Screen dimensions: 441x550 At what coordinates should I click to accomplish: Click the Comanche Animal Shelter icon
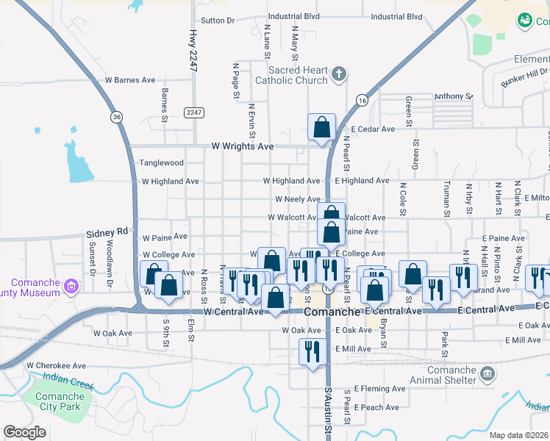[x=487, y=375]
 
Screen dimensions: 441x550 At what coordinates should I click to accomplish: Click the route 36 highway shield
[x=117, y=116]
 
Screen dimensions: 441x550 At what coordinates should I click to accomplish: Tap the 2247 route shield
[x=194, y=112]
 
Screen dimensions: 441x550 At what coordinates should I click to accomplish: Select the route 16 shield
[x=361, y=100]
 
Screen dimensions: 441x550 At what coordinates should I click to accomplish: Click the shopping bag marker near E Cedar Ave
[x=322, y=128]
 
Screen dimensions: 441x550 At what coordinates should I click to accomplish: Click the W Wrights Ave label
[x=243, y=146]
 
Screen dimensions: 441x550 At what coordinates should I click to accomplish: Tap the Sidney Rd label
[x=107, y=231]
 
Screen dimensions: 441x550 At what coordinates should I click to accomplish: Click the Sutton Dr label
[x=217, y=21]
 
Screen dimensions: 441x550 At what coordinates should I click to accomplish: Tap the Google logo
[x=24, y=432]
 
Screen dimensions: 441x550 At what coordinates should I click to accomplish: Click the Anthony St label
[x=453, y=96]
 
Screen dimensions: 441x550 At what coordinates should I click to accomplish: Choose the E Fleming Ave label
[x=379, y=389]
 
